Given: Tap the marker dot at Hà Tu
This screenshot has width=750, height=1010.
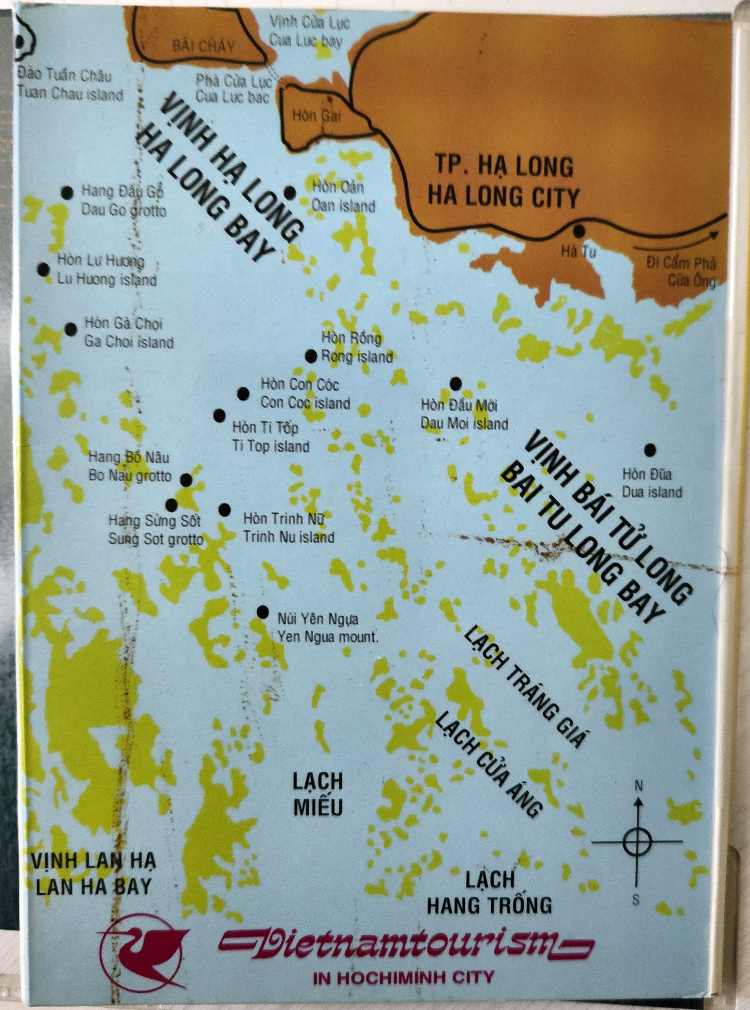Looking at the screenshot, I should [578, 231].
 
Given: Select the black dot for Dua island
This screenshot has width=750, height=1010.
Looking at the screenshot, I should [650, 450].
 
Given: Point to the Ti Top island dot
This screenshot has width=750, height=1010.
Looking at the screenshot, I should [219, 415].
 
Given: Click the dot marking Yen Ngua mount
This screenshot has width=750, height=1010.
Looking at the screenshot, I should [262, 612].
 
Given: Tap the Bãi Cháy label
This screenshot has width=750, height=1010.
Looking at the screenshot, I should [203, 46].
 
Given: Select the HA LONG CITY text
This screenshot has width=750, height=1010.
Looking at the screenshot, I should [504, 198].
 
